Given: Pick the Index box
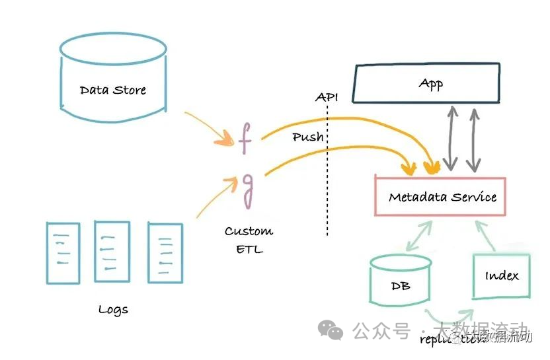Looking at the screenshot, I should [x=502, y=276].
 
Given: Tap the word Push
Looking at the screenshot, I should [x=308, y=137].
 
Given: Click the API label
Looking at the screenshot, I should [x=327, y=97].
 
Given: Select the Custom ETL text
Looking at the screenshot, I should [x=248, y=240].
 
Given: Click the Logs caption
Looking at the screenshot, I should [x=113, y=309].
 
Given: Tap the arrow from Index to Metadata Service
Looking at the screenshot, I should [x=486, y=235].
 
